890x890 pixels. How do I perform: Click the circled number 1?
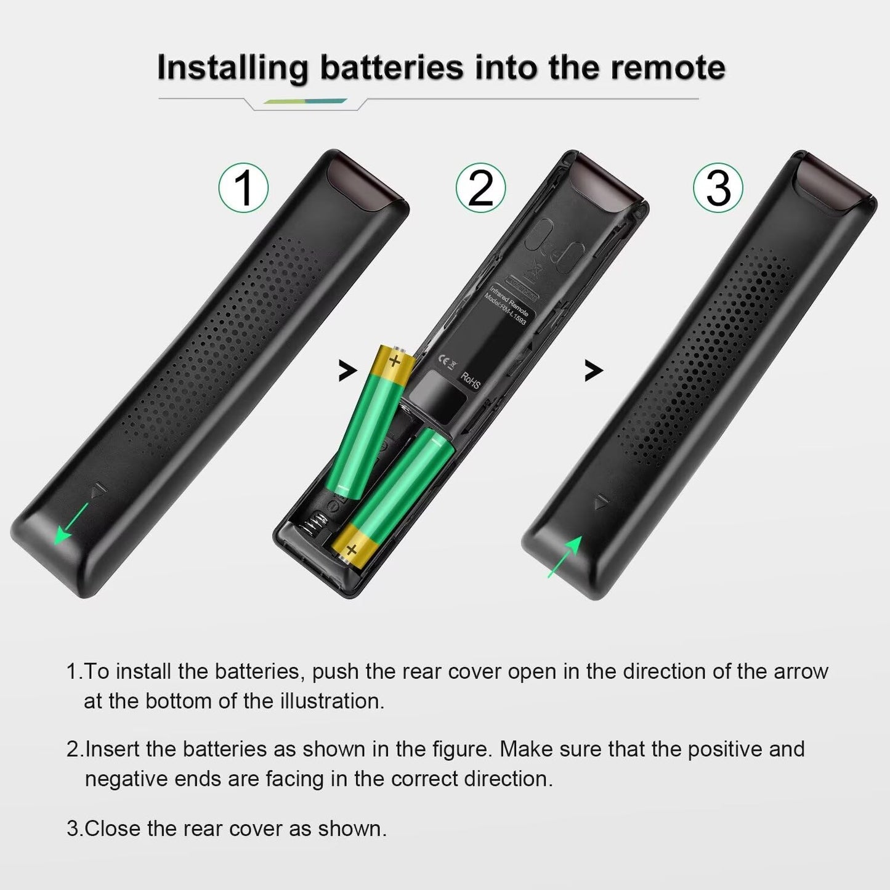point(244,187)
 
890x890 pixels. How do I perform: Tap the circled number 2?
point(480,187)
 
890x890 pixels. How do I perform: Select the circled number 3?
point(718,187)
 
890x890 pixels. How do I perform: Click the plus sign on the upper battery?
point(395,360)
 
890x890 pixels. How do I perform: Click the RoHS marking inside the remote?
point(470,380)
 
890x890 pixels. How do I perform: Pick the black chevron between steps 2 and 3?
point(593,371)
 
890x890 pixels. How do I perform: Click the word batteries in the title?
point(391,67)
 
